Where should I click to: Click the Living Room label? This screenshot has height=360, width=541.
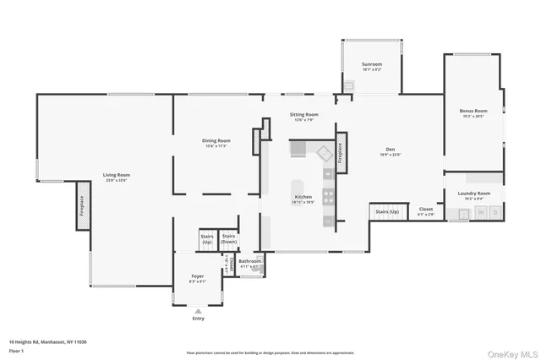point(117,175)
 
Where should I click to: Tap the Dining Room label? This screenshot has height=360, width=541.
point(216,141)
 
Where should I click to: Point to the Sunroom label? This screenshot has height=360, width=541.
point(372,64)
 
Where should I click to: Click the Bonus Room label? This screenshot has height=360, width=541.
point(473,112)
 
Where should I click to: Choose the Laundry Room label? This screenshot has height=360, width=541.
point(474,194)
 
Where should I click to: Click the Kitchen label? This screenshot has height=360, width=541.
point(303,197)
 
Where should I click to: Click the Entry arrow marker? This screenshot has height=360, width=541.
point(199,310)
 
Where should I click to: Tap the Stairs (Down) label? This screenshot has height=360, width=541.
point(229,239)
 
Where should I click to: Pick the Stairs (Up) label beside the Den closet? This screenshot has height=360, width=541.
point(387,211)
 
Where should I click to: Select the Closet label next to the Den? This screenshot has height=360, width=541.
point(426,210)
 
